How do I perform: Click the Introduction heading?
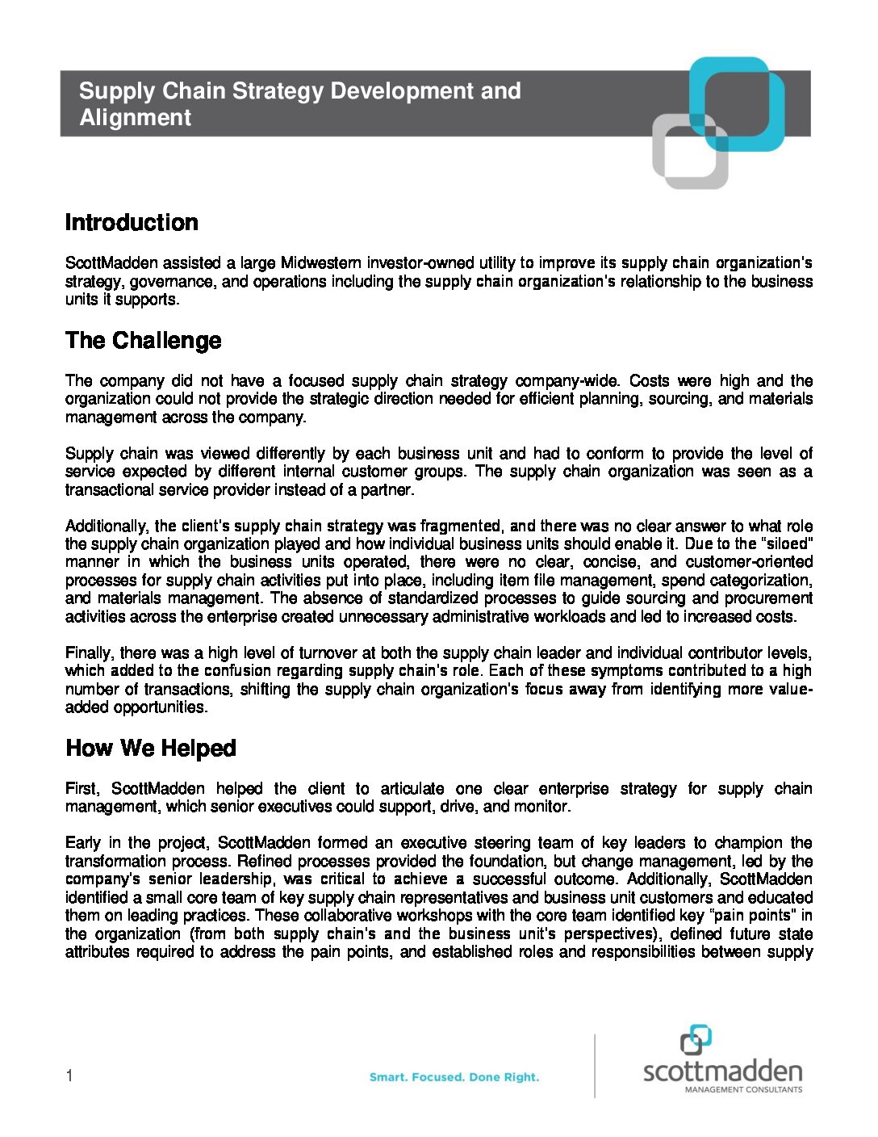pos(132,223)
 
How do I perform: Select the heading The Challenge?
pos(144,341)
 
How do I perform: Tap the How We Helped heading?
pos(151,749)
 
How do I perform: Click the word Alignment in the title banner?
pos(135,118)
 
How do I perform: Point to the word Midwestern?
pos(321,263)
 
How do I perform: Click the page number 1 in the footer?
pos(69,1076)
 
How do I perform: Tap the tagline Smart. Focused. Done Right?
pos(454,1077)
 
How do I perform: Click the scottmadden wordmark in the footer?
pos(722,1072)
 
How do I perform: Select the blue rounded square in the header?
pos(738,103)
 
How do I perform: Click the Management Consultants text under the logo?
pos(743,1089)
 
